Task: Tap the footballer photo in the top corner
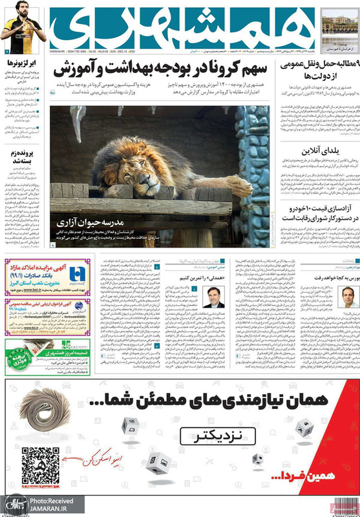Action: pyautogui.click(x=23, y=27)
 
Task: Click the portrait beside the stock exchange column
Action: pyautogui.click(x=348, y=297)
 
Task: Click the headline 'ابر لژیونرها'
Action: pyautogui.click(x=23, y=63)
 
